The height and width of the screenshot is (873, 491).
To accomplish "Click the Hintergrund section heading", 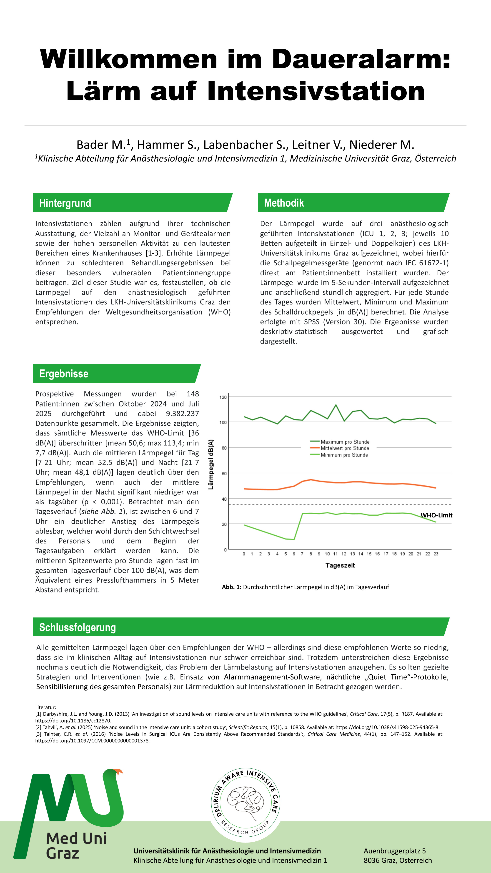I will coord(65,203).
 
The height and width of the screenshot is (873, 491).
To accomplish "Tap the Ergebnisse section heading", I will coord(64,374).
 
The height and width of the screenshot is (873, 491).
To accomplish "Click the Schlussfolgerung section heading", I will coord(78,627).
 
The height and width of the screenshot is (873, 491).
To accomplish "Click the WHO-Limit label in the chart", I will coord(436,515).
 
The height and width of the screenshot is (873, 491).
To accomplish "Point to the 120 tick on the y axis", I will coord(223,397).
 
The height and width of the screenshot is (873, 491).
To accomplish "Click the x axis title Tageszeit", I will coord(340,565).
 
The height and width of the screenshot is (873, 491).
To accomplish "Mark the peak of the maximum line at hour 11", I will coord(336,405).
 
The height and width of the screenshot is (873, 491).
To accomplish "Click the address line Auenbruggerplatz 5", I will coord(394,851).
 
